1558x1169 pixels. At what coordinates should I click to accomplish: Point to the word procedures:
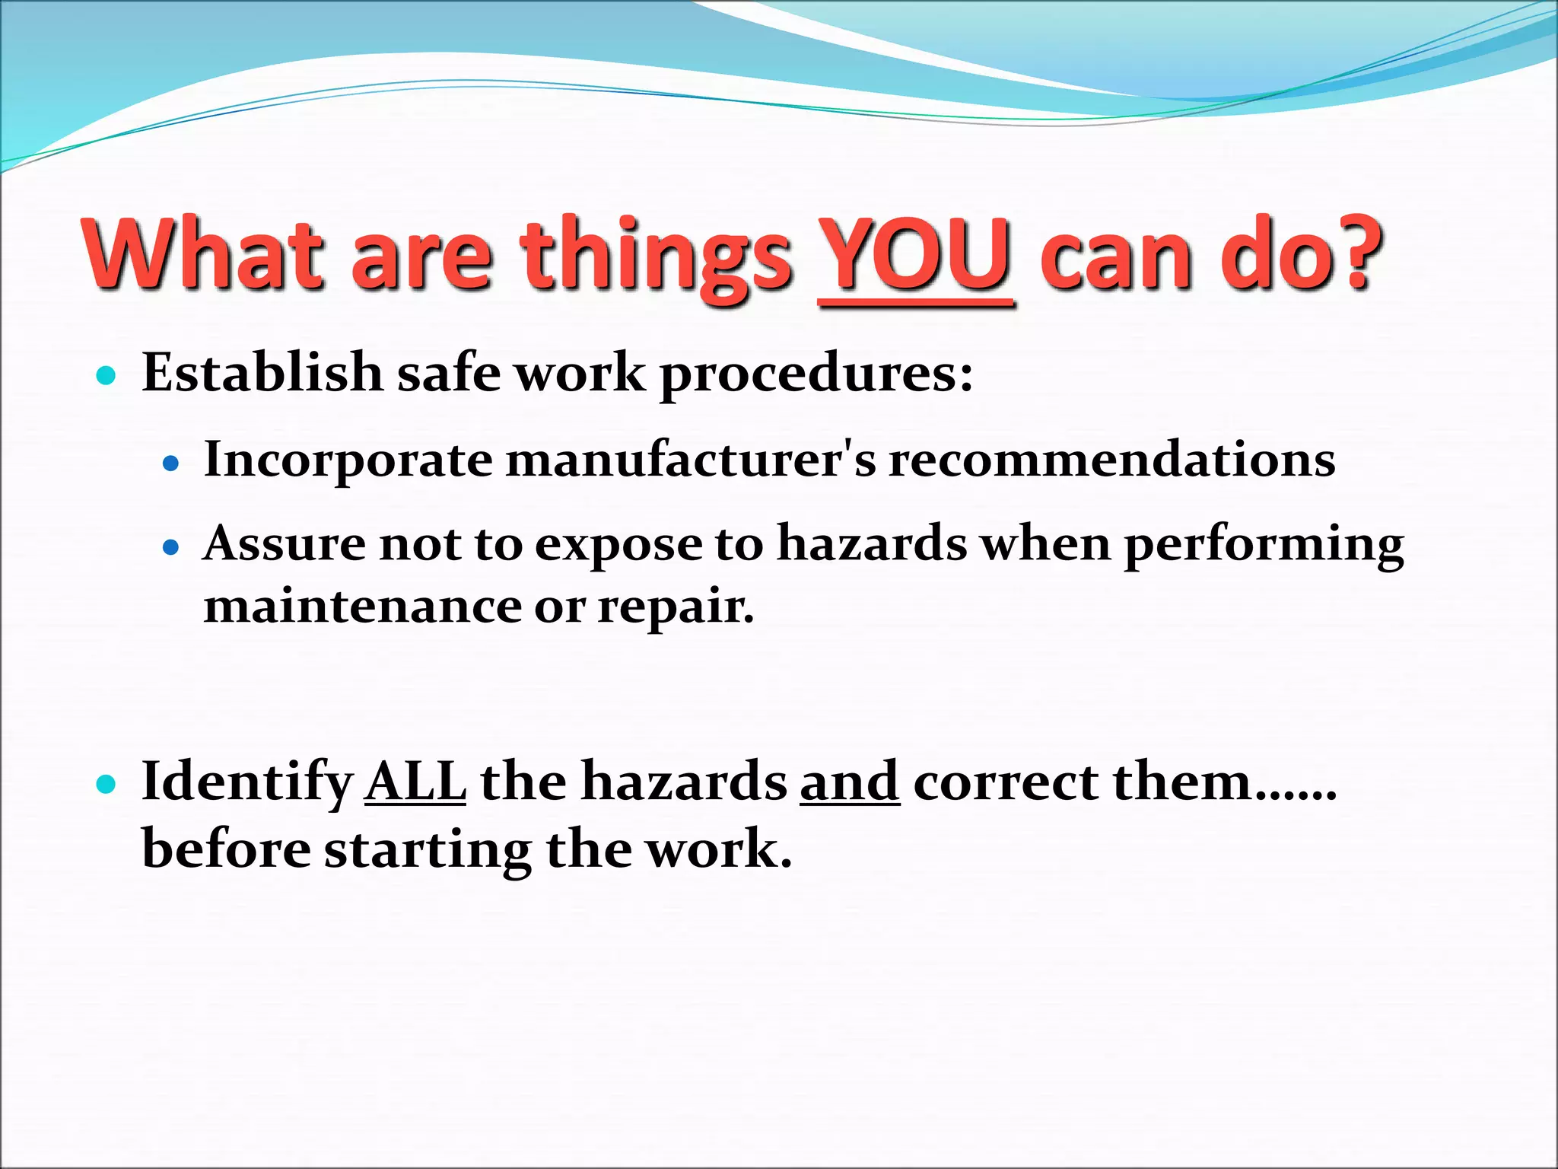[x=816, y=376]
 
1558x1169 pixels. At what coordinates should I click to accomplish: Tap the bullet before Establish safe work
[x=107, y=375]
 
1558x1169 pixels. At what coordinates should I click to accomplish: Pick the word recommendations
[x=1111, y=460]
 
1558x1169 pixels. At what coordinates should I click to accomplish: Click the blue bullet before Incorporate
[x=171, y=462]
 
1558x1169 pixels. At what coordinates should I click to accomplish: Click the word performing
[x=1264, y=546]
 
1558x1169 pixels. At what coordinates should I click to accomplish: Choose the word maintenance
[x=363, y=607]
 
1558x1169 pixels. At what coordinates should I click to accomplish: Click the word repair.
[x=675, y=609]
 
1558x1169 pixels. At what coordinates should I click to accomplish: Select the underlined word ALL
[x=415, y=782]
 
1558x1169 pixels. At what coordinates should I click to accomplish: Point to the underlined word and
[x=850, y=782]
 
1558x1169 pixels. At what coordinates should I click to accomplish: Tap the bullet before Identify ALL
[x=107, y=784]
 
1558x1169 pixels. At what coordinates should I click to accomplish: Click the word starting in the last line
[x=428, y=851]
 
